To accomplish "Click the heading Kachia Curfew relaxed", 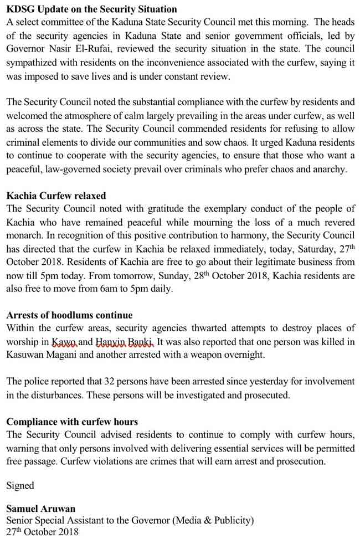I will (56, 196).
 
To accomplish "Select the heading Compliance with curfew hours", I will (72, 422).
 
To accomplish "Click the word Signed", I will (20, 485).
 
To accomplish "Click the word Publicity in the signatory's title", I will (228, 520).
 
